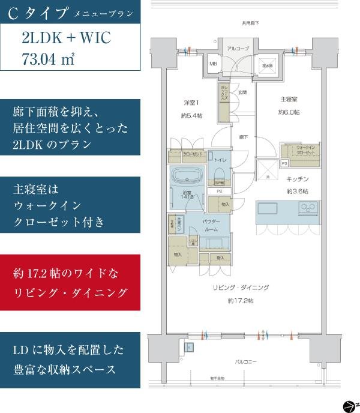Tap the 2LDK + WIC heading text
coord(65,39)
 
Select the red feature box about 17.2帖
coord(71,283)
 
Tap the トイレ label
coord(220,161)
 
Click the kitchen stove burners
coord(308,209)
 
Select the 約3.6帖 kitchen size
coord(296,191)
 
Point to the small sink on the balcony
coord(190,348)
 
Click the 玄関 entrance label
coord(242,92)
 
